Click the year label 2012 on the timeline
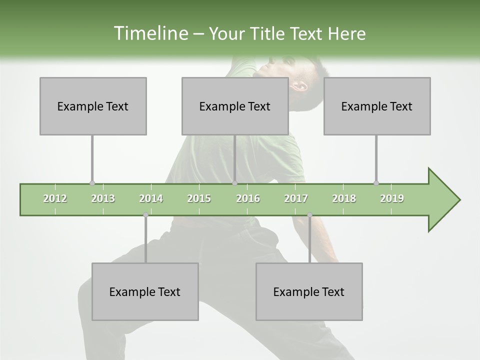coord(55,198)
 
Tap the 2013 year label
coord(103,198)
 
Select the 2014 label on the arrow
coord(151,198)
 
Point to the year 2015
coord(199,198)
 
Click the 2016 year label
coord(248,198)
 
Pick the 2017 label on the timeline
coord(296,198)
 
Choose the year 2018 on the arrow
coord(344,198)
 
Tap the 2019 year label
coord(392,198)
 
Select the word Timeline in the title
coord(150,33)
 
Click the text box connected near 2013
coord(93,106)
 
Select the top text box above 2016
coord(235,106)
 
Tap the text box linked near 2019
coord(377,106)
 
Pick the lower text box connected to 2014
coord(145,291)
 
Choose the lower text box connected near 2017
coord(309,291)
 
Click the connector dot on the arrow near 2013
coord(92,183)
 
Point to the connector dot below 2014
coord(145,215)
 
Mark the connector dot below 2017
coord(309,215)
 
